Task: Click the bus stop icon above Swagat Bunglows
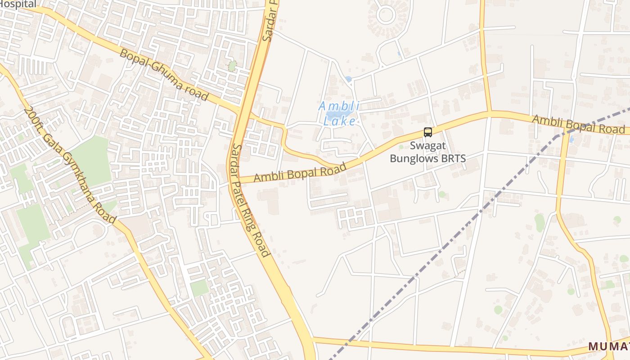click(x=427, y=132)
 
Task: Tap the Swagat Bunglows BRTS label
click(x=427, y=152)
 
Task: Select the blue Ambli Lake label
click(x=340, y=113)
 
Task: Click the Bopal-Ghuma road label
click(x=164, y=74)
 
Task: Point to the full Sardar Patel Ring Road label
click(x=250, y=200)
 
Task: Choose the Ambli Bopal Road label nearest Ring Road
click(x=300, y=172)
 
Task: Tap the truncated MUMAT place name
click(x=608, y=346)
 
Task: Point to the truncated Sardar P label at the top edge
click(x=270, y=20)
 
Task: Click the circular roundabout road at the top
click(x=386, y=14)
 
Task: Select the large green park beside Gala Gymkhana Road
click(x=92, y=160)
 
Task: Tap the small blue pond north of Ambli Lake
click(x=348, y=80)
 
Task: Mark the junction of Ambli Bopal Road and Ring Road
click(x=236, y=179)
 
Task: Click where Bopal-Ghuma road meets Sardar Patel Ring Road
click(x=243, y=110)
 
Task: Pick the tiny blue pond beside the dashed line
click(x=571, y=139)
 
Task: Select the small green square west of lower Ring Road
click(x=199, y=288)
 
